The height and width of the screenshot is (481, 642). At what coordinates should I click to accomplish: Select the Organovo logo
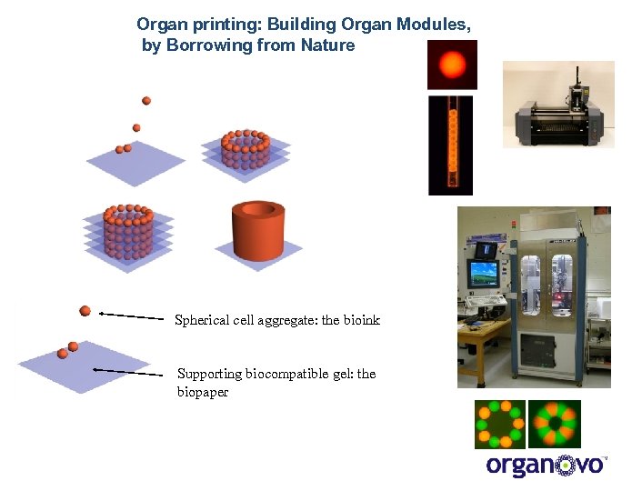[547, 465]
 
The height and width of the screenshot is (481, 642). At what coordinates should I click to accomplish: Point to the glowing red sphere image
[452, 65]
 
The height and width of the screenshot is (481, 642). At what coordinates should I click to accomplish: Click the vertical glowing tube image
[451, 145]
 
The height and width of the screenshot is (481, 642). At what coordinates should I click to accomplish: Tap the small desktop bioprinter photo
[558, 105]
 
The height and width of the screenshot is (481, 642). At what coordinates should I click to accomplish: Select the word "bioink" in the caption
[362, 320]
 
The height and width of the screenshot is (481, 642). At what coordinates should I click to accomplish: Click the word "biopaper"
[203, 392]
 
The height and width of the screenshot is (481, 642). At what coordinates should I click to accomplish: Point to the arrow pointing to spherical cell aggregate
[131, 316]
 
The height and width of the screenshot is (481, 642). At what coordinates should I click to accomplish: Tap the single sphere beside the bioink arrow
[85, 311]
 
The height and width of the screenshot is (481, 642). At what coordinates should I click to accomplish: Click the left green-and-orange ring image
[498, 425]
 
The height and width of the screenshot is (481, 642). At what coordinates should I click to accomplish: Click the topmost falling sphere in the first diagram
[146, 100]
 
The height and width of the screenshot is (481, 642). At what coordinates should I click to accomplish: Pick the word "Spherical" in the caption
[202, 320]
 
